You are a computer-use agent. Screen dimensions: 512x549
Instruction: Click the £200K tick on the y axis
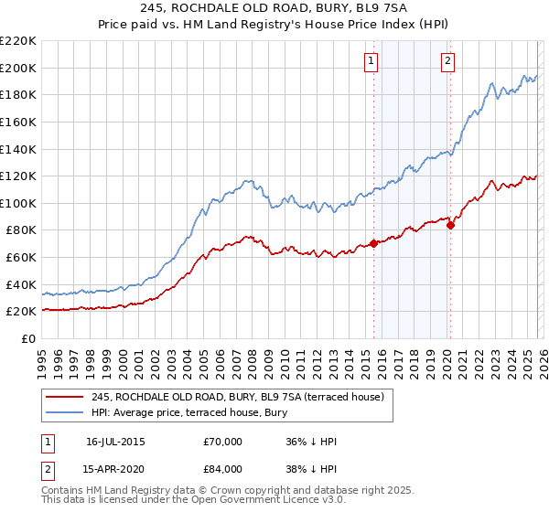[x=18, y=68]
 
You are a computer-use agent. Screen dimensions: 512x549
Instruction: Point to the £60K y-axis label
[x=21, y=258]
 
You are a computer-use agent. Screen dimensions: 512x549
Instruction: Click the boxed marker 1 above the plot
[x=371, y=62]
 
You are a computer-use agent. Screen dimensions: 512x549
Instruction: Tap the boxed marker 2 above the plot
[x=448, y=62]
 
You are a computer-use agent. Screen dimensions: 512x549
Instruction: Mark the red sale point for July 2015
[x=373, y=243]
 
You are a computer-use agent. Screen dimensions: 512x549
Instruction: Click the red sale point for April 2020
[x=450, y=225]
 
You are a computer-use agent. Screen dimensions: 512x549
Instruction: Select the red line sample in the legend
[x=65, y=397]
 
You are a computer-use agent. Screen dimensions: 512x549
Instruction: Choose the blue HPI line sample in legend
[x=65, y=412]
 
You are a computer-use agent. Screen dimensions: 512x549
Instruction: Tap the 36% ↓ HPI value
[x=311, y=442]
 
